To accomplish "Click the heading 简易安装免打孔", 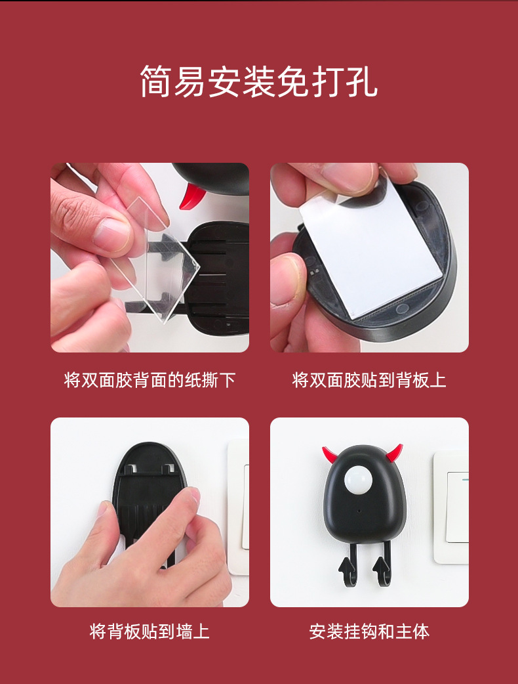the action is point(259,81).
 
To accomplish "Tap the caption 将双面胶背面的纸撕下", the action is point(150,380).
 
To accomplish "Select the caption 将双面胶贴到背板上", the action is point(369,380).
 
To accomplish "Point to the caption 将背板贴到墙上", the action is point(150,631).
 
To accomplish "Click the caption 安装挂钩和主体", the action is point(369,631).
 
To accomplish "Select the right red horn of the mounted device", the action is point(394,454).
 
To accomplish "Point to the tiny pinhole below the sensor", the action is point(359,511).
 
